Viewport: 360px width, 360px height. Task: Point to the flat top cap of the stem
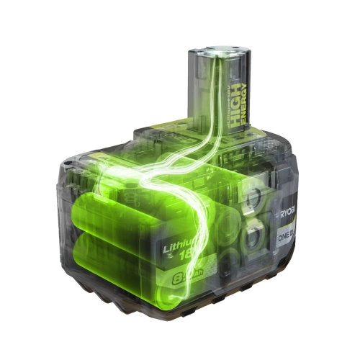pos(218,53)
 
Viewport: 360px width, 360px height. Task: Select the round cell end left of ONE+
pos(254,235)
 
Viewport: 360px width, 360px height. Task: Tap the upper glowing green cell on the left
pos(115,209)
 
